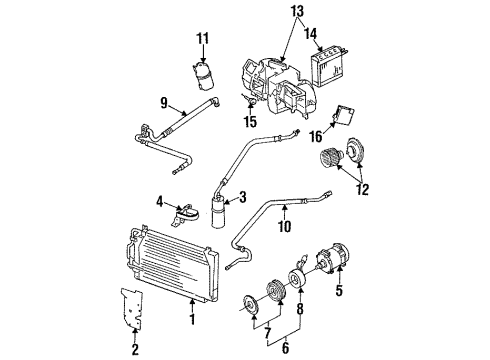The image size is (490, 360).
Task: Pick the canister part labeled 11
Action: [204, 75]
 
